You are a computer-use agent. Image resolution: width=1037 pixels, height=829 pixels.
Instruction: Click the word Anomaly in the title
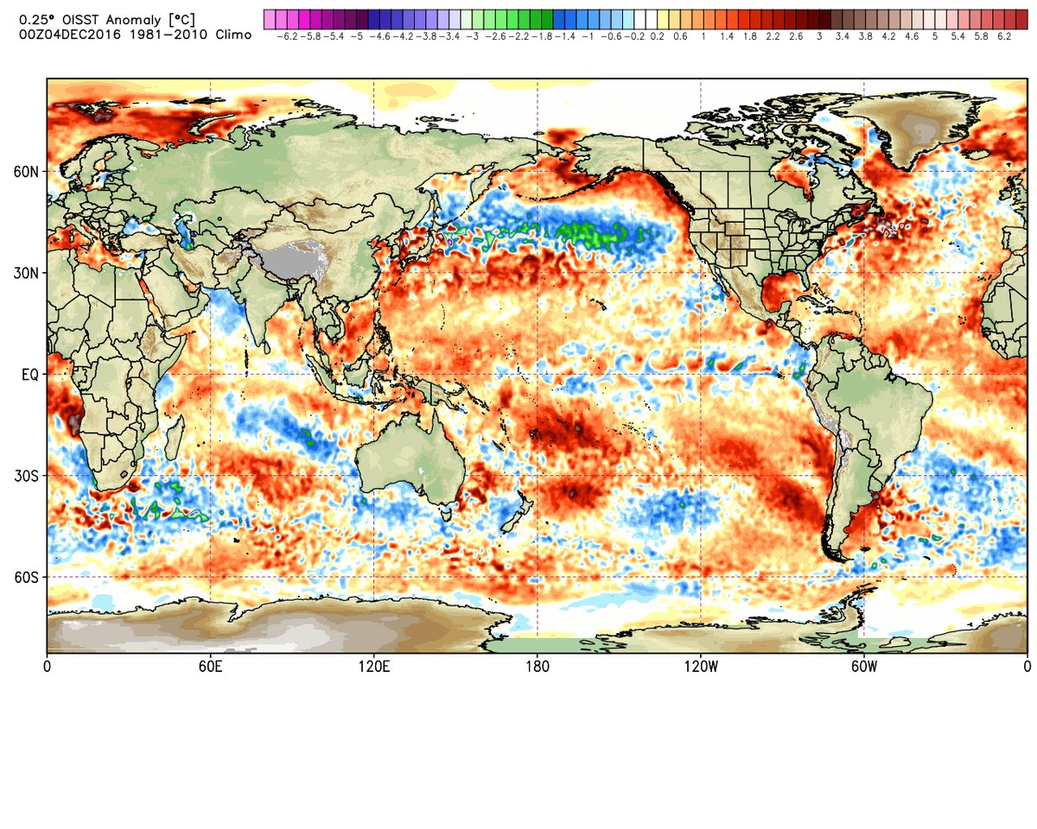(118, 16)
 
